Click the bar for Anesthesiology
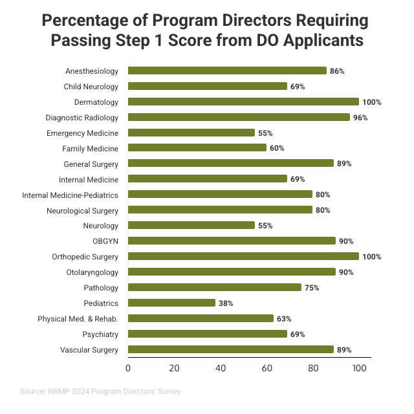[x=227, y=71]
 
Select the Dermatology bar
[x=243, y=102]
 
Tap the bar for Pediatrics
[x=171, y=303]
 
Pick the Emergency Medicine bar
[x=191, y=133]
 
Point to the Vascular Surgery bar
[x=230, y=349]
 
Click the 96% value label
[x=360, y=118]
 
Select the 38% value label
[x=226, y=303]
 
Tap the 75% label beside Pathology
[x=312, y=287]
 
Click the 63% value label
[x=284, y=318]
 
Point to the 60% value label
[x=277, y=148]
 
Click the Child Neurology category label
[x=91, y=86]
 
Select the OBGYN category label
[x=107, y=241]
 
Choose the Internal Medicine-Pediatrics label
[x=71, y=195]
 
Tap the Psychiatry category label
[x=100, y=334]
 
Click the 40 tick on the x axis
[x=221, y=368]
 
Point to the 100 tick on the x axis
[x=359, y=368]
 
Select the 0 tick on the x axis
[x=128, y=368]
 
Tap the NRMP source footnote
[x=100, y=391]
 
